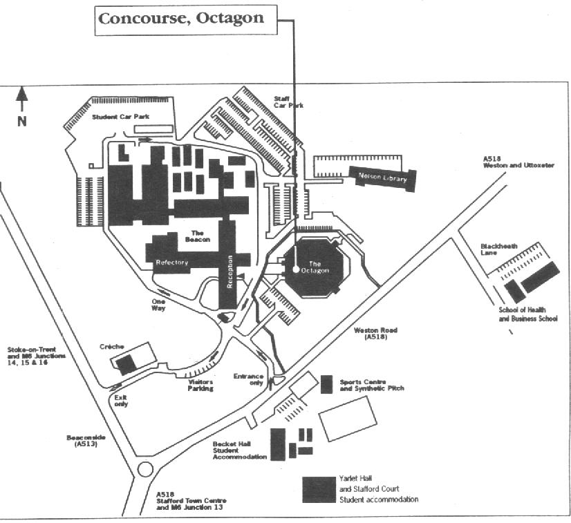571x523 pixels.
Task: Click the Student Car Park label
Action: (x=122, y=117)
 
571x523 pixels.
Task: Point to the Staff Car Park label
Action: (x=288, y=102)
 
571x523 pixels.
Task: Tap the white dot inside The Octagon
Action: (x=295, y=270)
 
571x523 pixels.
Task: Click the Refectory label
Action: (x=172, y=263)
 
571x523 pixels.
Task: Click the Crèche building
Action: (x=126, y=364)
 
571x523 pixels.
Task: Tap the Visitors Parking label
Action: (x=200, y=385)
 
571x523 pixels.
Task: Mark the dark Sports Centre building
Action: (x=327, y=384)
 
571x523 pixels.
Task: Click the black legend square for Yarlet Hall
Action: (x=319, y=489)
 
